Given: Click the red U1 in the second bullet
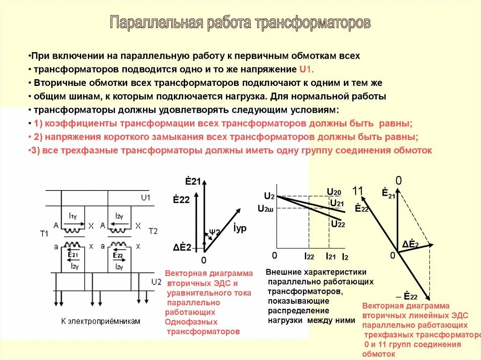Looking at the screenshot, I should click(x=305, y=69).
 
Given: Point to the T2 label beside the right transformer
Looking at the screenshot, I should click(x=153, y=231).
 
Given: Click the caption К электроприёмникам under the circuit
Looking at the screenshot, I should click(x=101, y=321).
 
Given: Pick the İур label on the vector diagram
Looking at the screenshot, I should click(x=240, y=229).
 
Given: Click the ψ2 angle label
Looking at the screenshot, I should click(x=215, y=232).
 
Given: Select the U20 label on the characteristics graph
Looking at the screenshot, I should click(x=334, y=191).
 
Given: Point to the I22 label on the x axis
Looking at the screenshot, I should click(x=309, y=256).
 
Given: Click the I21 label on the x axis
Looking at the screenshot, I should click(x=331, y=256).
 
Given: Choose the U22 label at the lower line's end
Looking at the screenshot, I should click(x=338, y=224).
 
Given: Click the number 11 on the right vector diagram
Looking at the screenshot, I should click(x=358, y=191).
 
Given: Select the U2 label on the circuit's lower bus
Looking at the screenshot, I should click(x=156, y=282).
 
